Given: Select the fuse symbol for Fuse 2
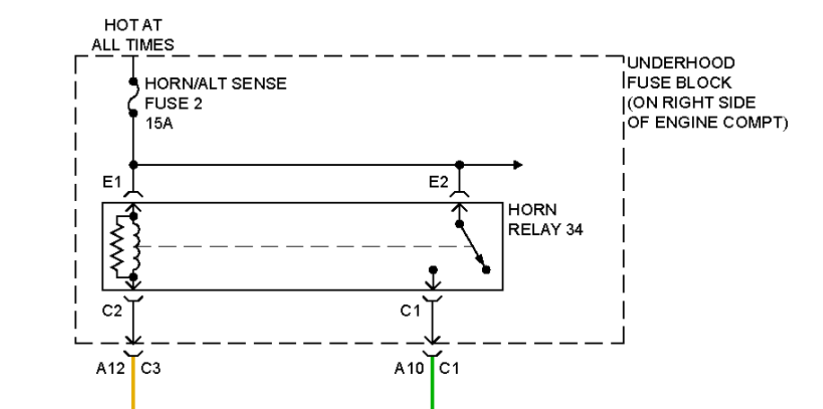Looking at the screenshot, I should [x=133, y=98].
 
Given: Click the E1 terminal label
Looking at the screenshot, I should [x=114, y=183].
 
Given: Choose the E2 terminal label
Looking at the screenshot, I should [x=438, y=183].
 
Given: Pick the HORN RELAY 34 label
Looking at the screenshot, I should [x=543, y=219].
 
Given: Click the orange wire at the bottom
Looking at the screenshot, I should [x=133, y=386].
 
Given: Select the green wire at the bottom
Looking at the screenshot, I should [x=433, y=386].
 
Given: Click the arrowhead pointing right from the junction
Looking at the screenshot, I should [x=517, y=165].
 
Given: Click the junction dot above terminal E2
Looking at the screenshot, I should [x=459, y=165].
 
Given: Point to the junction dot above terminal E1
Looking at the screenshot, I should [x=133, y=165].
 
